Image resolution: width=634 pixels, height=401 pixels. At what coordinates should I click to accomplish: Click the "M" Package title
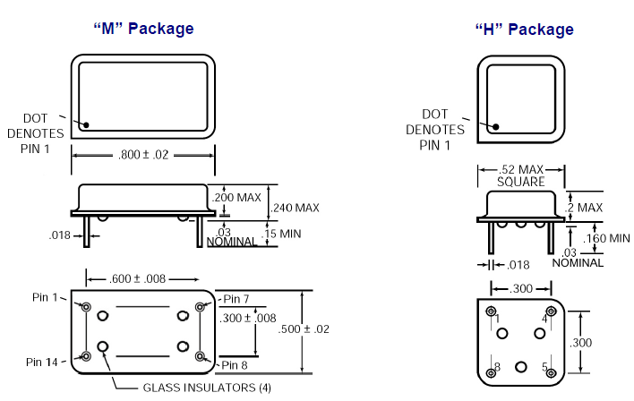143,29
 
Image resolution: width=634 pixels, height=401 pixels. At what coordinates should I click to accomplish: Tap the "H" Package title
524,30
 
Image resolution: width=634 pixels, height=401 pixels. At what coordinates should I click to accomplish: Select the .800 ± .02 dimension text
143,156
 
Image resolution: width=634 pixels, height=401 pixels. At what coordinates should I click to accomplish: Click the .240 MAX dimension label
295,208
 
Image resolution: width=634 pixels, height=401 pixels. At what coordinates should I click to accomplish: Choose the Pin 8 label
236,364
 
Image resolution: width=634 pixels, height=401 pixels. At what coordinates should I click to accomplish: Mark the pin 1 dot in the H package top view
491,127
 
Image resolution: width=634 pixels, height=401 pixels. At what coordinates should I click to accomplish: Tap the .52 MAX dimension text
519,169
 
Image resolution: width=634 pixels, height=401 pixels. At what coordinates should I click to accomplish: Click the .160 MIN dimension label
606,238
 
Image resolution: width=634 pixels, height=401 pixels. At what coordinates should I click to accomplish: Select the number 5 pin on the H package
550,372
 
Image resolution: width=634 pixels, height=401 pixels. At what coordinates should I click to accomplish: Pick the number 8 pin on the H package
492,372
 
